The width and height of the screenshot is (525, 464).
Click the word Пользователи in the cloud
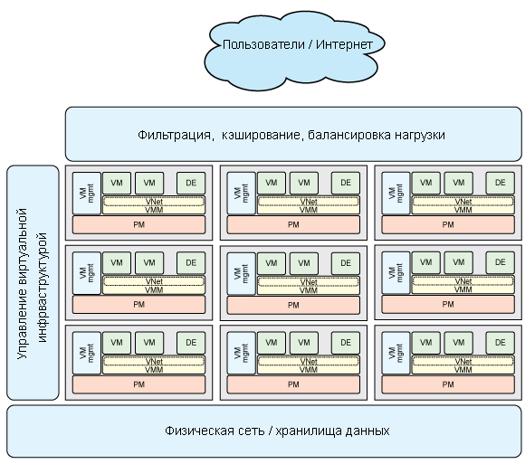pyautogui.click(x=263, y=45)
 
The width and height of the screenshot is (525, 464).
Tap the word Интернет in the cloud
pyautogui.click(x=344, y=44)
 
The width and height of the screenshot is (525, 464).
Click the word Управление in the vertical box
pyautogui.click(x=23, y=327)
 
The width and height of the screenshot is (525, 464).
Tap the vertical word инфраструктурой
pyautogui.click(x=43, y=288)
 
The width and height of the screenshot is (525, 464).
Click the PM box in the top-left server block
pyautogui.click(x=139, y=225)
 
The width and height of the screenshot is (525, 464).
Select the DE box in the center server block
pyautogui.click(x=346, y=263)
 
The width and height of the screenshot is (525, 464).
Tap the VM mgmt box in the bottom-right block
pyautogui.click(x=396, y=353)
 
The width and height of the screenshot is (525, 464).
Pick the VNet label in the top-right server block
pyautogui.click(x=463, y=202)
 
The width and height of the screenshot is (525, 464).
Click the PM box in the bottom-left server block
pyautogui.click(x=139, y=384)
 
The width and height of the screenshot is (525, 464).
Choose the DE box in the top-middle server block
pyautogui.click(x=346, y=183)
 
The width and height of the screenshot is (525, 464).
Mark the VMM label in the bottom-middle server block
pyautogui.click(x=309, y=370)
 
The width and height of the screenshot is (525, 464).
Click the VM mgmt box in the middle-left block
pyautogui.click(x=87, y=273)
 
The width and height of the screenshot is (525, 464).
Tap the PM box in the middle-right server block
pyautogui.click(x=448, y=305)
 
